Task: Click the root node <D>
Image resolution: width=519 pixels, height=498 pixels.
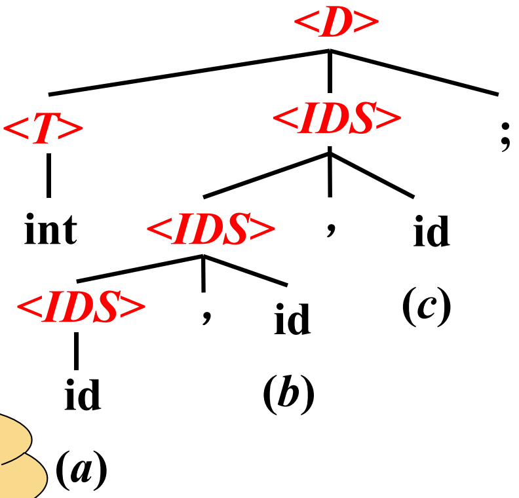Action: click(x=336, y=24)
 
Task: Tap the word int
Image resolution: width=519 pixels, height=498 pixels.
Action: click(x=50, y=231)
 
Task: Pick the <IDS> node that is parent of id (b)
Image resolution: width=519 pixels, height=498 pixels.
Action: click(x=210, y=230)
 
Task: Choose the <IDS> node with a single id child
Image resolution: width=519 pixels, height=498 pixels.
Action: click(x=81, y=307)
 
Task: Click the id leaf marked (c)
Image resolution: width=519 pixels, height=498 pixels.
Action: click(x=431, y=232)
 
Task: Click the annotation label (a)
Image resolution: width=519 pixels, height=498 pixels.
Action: click(x=81, y=470)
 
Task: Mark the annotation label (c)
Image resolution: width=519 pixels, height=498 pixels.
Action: click(x=427, y=307)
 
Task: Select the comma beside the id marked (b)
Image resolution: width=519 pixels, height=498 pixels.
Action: click(x=206, y=316)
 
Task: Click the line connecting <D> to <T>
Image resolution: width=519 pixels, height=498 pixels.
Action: click(x=190, y=72)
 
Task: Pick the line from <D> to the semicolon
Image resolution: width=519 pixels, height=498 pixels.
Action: click(x=413, y=72)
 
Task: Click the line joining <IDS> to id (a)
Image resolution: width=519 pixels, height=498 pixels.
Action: click(x=77, y=351)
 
